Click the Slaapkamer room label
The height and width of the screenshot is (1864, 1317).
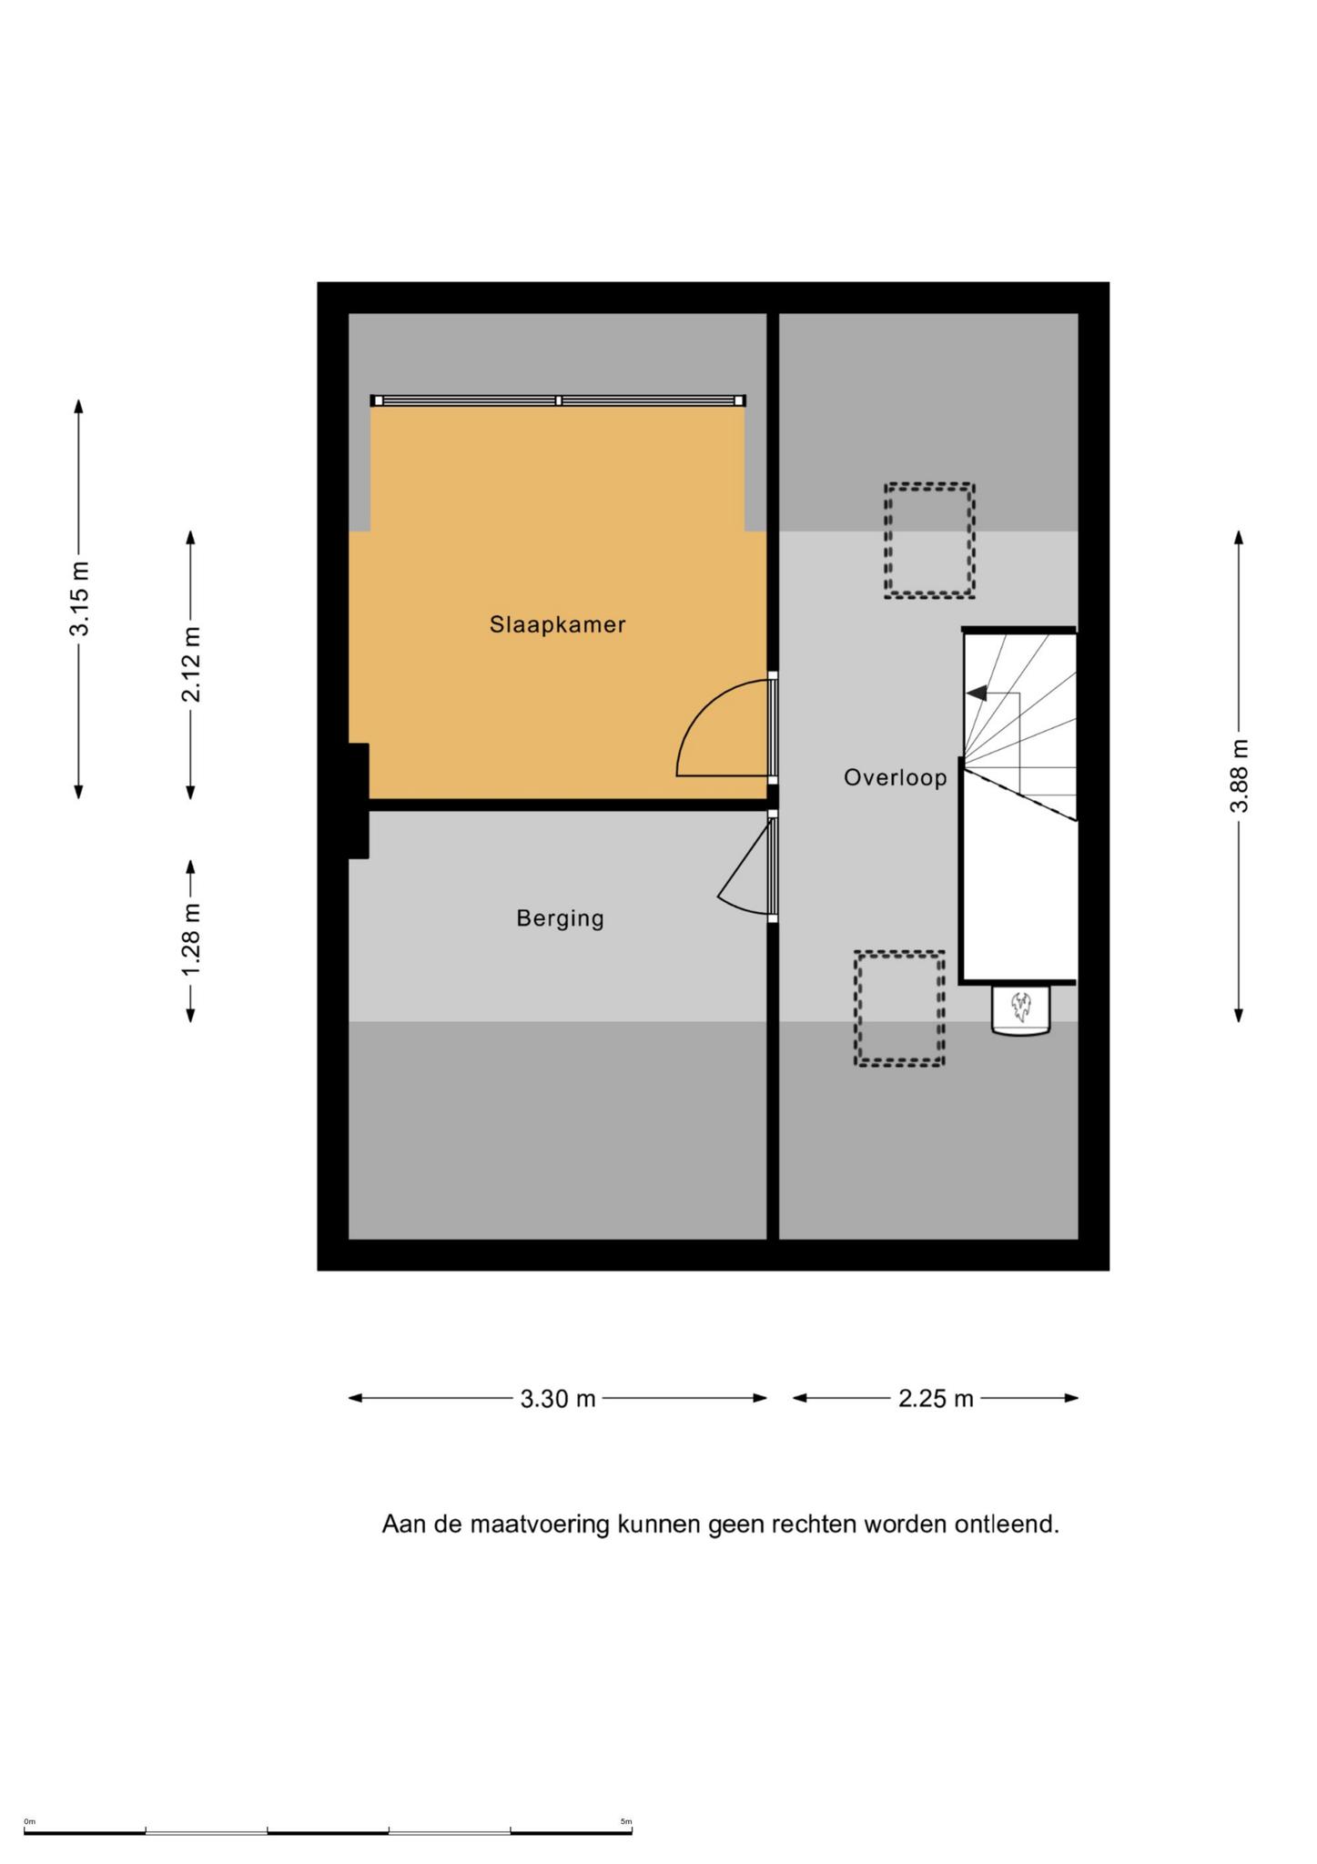pyautogui.click(x=557, y=625)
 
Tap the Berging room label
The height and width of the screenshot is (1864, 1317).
pyautogui.click(x=560, y=918)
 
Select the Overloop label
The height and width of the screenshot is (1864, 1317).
pyautogui.click(x=895, y=778)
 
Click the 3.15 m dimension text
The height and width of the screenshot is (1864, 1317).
pyautogui.click(x=81, y=599)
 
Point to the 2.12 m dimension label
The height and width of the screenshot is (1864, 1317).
pyautogui.click(x=192, y=664)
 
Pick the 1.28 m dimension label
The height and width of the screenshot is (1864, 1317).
pyautogui.click(x=192, y=941)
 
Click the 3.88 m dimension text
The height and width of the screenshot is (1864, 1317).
pyautogui.click(x=1240, y=776)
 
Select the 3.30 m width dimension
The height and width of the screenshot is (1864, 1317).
pyautogui.click(x=558, y=1399)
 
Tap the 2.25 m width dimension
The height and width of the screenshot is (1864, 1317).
pyautogui.click(x=936, y=1399)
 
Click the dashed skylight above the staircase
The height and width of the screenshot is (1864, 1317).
pyautogui.click(x=929, y=541)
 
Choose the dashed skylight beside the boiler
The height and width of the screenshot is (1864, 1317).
pyautogui.click(x=899, y=1008)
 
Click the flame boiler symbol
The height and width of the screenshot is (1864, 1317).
pyautogui.click(x=1020, y=1008)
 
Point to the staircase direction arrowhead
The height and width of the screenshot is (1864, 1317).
pyautogui.click(x=976, y=694)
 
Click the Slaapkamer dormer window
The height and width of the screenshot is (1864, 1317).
pyautogui.click(x=558, y=400)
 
